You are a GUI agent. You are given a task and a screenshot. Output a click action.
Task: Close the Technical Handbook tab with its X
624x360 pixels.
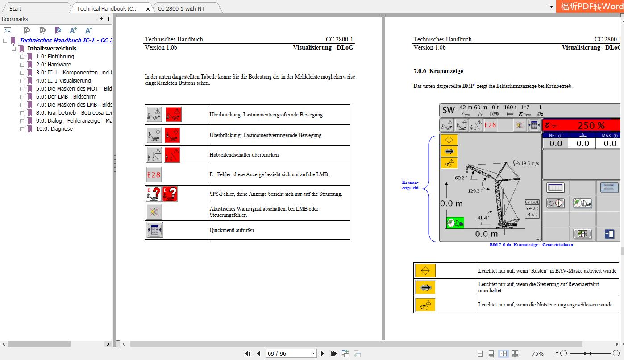click(x=148, y=9)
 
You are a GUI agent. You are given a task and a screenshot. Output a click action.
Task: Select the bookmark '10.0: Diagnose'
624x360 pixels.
click(x=54, y=128)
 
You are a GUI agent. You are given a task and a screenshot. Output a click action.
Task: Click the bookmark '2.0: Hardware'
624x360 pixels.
click(x=54, y=64)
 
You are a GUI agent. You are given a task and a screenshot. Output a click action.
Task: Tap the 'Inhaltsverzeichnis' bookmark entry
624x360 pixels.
click(x=52, y=48)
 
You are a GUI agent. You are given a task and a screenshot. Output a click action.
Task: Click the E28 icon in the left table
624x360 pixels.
click(x=154, y=175)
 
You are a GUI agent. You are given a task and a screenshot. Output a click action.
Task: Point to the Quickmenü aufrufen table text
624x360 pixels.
click(x=232, y=230)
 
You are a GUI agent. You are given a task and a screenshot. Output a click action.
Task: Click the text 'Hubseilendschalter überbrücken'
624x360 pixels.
click(x=244, y=155)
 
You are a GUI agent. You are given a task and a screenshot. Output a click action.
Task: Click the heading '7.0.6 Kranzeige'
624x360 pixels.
click(x=438, y=71)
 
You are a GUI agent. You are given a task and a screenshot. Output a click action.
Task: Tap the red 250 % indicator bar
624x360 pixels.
click(x=581, y=126)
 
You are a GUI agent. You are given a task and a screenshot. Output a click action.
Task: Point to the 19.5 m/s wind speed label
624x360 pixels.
click(x=531, y=164)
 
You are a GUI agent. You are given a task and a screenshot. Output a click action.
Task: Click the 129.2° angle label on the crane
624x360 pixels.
click(x=475, y=190)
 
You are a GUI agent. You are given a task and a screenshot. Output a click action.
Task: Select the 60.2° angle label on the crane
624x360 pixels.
click(x=460, y=178)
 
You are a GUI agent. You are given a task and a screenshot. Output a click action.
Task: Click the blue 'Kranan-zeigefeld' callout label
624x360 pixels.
click(x=410, y=185)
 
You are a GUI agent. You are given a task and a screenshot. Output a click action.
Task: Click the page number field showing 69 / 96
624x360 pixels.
click(x=290, y=353)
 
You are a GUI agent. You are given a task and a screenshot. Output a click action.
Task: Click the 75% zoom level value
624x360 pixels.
click(x=537, y=353)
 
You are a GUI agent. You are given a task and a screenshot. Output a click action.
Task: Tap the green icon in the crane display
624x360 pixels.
click(x=455, y=223)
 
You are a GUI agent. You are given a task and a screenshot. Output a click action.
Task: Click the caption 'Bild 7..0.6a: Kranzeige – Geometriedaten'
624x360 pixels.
click(x=531, y=245)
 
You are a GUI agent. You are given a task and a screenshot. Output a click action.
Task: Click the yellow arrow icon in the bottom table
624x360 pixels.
click(x=425, y=287)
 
